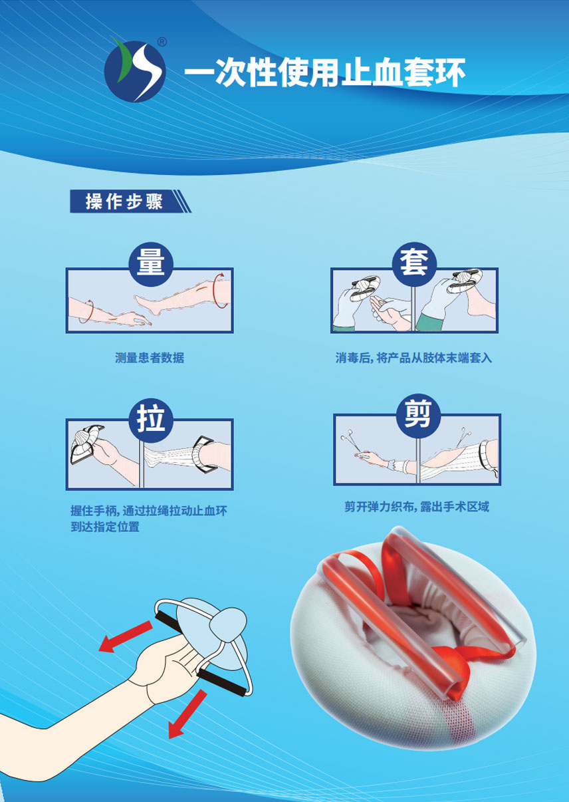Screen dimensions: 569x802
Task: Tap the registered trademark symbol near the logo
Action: [x=162, y=43]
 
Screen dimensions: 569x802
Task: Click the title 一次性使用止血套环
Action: [x=325, y=72]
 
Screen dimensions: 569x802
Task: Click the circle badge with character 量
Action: [x=151, y=264]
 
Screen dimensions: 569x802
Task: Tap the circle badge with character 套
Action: [x=414, y=264]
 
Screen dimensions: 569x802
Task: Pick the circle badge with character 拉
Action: [x=151, y=420]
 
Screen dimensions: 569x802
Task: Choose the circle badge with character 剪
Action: [x=417, y=416]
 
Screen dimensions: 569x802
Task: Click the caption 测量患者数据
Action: [x=150, y=358]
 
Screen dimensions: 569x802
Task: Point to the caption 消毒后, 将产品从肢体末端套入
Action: [x=413, y=358]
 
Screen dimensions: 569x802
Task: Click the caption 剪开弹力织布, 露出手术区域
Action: [x=417, y=507]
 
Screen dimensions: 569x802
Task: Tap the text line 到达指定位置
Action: [x=105, y=527]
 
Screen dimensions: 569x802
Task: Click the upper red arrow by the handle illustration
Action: [x=125, y=636]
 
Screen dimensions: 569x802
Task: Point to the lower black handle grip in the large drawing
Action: [x=222, y=684]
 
